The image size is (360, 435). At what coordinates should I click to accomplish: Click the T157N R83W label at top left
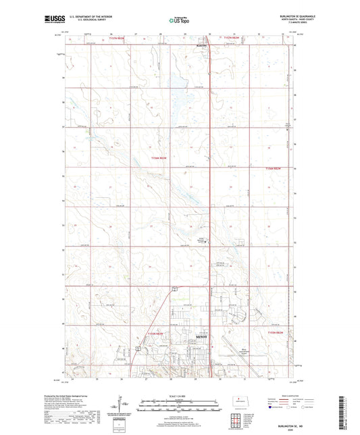[118, 39]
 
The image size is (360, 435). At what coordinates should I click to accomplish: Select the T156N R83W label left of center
[159, 157]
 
